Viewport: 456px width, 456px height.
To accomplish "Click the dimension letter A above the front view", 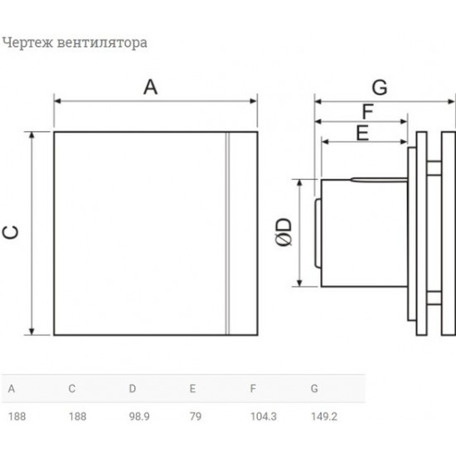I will click(149, 87).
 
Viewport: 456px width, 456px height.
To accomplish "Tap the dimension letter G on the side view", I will click(379, 86).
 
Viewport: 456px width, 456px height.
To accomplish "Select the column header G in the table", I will click(314, 387).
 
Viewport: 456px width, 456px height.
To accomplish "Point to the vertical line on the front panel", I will click(226, 233).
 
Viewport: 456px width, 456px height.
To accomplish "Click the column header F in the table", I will click(252, 387).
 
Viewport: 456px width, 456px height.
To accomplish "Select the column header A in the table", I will click(11, 387).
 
